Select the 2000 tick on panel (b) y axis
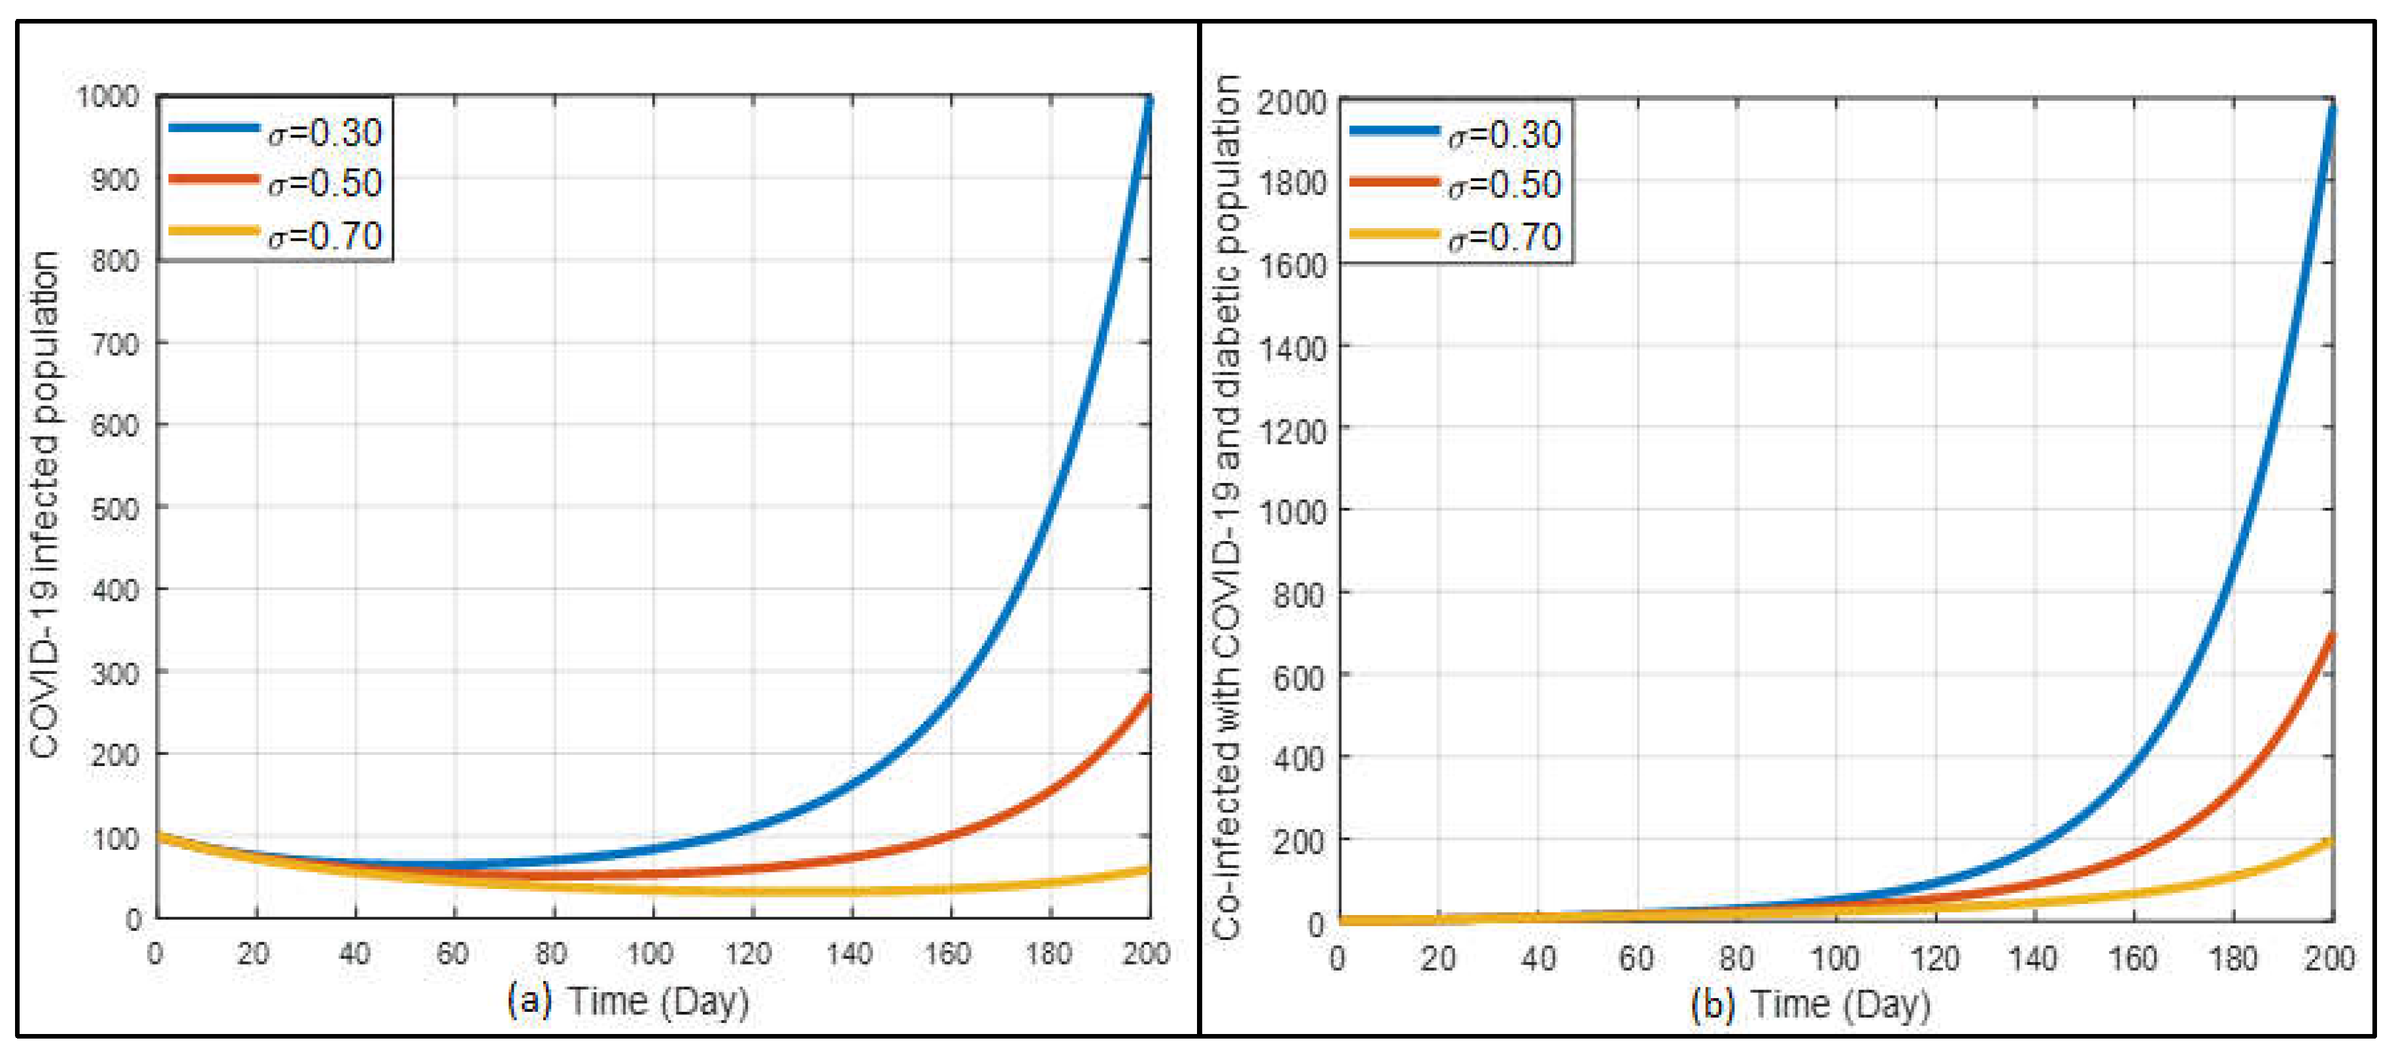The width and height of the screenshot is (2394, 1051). click(x=1292, y=101)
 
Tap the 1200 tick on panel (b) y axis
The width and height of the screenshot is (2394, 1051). click(x=1292, y=430)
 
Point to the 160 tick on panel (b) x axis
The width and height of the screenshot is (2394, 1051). click(x=2132, y=957)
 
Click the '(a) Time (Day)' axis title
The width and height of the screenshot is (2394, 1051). click(x=628, y=1001)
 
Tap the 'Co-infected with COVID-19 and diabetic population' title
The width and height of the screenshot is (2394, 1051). click(x=1226, y=507)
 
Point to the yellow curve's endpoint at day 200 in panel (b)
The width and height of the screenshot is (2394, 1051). click(x=2331, y=842)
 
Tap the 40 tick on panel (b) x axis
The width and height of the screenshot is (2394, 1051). click(x=1537, y=957)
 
